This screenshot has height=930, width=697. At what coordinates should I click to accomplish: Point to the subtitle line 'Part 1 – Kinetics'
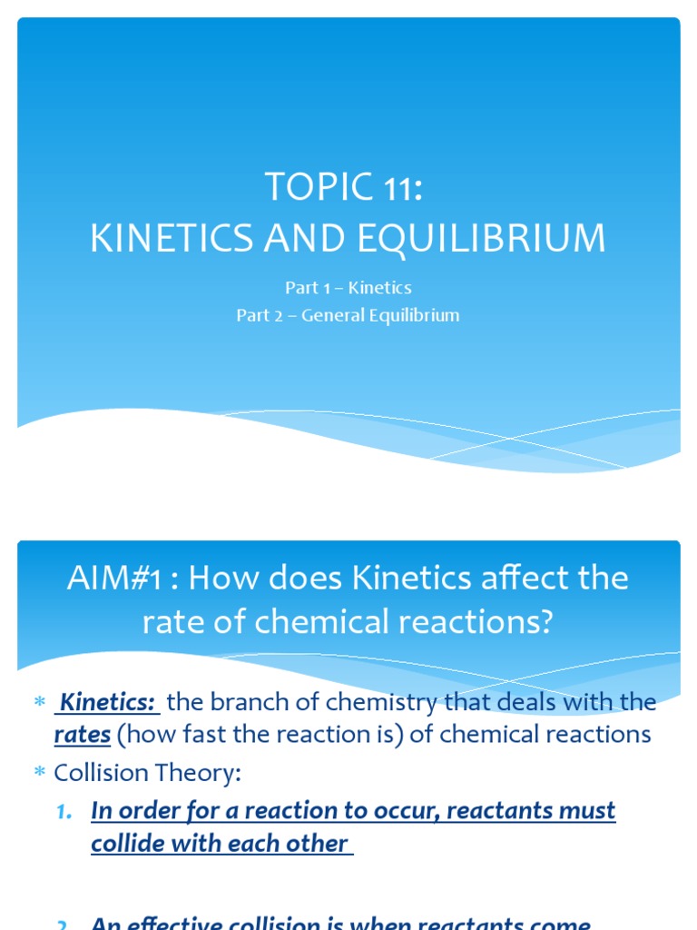[x=348, y=288]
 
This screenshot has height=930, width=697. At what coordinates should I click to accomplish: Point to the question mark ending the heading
[x=545, y=623]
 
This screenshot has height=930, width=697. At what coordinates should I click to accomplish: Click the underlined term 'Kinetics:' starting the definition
[x=109, y=702]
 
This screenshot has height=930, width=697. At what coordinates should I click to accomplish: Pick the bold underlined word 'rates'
[x=83, y=734]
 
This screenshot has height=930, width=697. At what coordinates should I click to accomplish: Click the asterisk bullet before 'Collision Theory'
[x=39, y=774]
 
